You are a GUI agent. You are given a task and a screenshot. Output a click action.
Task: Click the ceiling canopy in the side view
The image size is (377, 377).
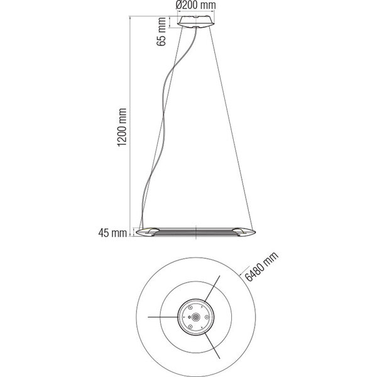195,22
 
